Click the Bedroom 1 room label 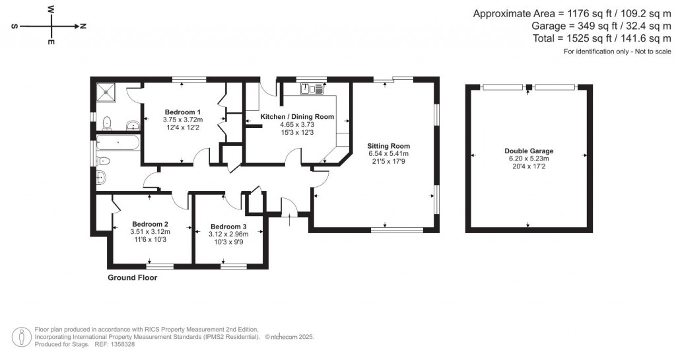[x=183, y=111]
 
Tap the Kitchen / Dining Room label [x=297, y=116]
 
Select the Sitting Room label [x=389, y=146]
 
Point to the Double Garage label [x=529, y=151]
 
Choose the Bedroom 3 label [x=228, y=227]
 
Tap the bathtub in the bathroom [x=117, y=141]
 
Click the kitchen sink [x=310, y=88]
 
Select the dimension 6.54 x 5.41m [x=389, y=154]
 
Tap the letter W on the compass [x=51, y=11]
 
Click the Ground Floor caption [x=132, y=278]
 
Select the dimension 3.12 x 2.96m [x=228, y=234]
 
